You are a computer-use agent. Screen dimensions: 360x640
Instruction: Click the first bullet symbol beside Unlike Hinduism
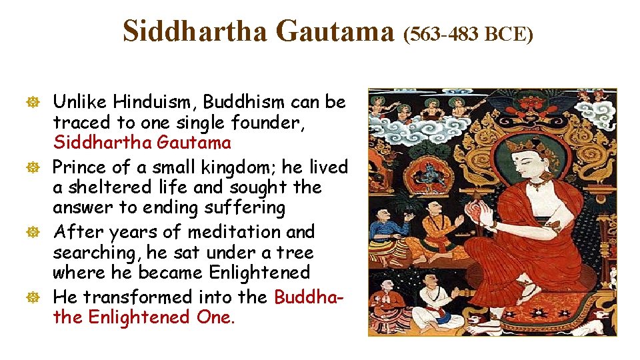coord(39,102)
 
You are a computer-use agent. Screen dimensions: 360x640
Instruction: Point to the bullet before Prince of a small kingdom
coord(39,167)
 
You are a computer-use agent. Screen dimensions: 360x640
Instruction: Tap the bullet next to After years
coord(39,232)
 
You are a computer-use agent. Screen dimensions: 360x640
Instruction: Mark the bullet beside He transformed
coord(39,297)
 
